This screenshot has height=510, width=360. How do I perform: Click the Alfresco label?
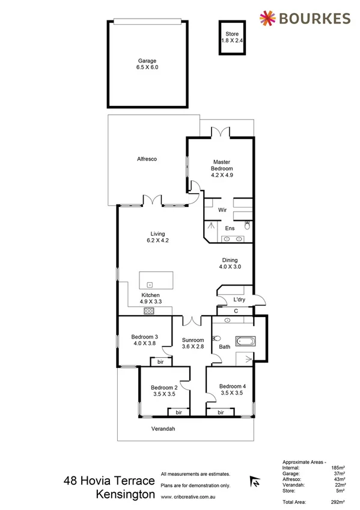tap(147, 159)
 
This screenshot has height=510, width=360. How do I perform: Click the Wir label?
tap(222, 210)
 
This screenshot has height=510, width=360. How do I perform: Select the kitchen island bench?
tap(156, 281)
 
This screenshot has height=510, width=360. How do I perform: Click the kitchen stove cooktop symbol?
tap(150, 311)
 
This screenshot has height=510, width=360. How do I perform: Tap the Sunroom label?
tap(193, 344)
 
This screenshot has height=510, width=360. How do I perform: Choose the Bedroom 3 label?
tap(144, 340)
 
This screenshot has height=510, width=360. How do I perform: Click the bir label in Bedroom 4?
tap(221, 413)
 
